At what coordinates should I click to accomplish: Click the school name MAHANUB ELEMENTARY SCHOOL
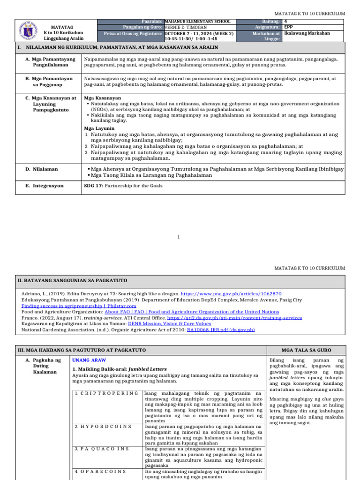(x=198, y=22)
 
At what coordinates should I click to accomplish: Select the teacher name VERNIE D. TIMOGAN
(x=186, y=27)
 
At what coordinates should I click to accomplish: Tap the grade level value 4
(x=285, y=22)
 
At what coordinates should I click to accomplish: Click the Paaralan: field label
(x=152, y=22)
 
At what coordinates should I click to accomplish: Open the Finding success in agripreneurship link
(x=72, y=305)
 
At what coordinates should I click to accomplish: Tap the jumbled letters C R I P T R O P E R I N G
(x=107, y=393)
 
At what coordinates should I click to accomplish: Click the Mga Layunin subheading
(x=99, y=128)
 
